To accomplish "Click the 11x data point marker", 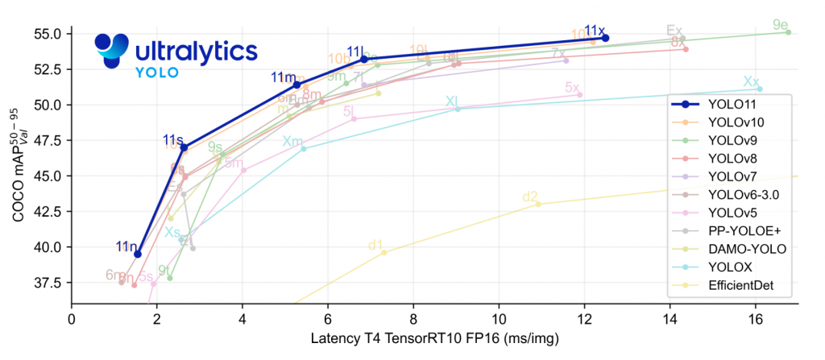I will point(606,38).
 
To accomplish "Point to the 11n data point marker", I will point(138,254).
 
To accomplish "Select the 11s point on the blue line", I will point(184,147).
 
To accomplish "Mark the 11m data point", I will point(296,85).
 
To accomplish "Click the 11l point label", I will point(355,52).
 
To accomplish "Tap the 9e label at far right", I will point(780,25).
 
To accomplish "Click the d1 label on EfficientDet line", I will point(375,246).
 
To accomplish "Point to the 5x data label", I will point(572,87).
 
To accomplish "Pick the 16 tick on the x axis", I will point(755,318).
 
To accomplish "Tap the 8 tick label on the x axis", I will point(413,318).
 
